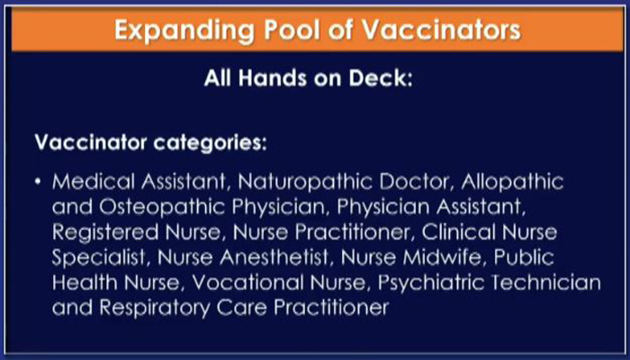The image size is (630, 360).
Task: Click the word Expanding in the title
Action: point(184,30)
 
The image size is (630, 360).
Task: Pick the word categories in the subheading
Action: point(210,143)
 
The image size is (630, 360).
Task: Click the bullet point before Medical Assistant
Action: point(38,182)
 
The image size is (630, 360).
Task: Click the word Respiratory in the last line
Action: point(154,309)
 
